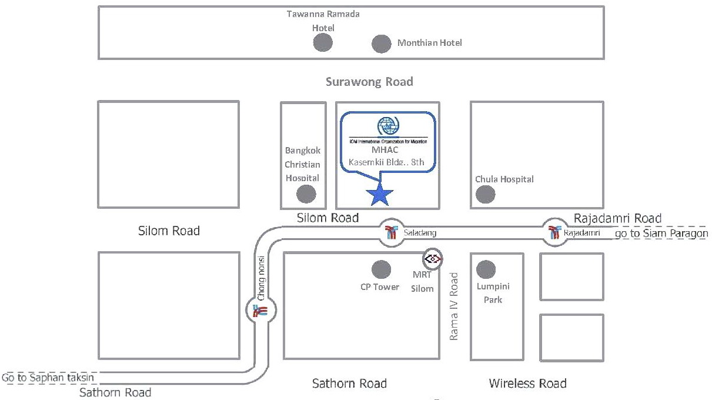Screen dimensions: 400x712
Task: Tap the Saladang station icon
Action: point(391,231)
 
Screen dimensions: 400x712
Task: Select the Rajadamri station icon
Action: point(553,231)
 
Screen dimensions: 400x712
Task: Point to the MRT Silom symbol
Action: point(433,258)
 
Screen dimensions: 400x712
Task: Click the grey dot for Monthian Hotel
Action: point(382,43)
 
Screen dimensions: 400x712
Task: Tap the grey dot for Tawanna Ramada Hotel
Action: point(322,42)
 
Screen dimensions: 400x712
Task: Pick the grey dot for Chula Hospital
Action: point(485,194)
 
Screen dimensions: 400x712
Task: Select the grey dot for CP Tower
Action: point(382,269)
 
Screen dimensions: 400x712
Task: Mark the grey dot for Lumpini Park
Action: point(486,269)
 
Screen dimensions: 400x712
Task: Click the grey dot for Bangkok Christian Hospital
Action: point(306,194)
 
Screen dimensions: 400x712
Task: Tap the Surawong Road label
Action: point(369,82)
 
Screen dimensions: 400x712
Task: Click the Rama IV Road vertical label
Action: point(454,305)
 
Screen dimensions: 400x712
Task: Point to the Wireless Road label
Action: point(527,384)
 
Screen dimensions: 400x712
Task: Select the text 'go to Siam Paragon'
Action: point(661,234)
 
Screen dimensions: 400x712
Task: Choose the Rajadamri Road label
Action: point(617,218)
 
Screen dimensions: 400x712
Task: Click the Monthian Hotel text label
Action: point(430,43)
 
